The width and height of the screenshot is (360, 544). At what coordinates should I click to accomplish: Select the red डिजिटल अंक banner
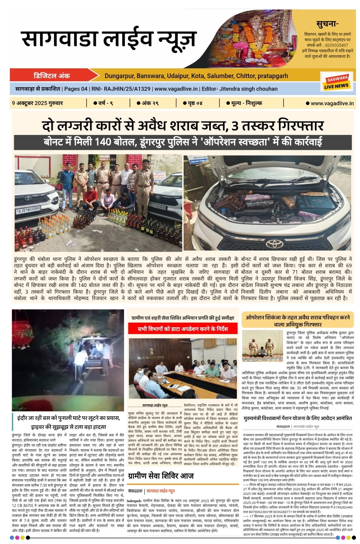tap(53, 76)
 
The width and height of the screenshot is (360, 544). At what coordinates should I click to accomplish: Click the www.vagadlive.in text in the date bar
tap(332, 103)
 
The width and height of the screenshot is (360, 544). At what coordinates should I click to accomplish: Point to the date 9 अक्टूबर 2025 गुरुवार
tap(37, 103)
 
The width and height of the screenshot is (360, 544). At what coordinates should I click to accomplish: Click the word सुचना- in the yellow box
tap(327, 24)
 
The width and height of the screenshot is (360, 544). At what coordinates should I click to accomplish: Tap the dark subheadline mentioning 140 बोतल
tap(183, 142)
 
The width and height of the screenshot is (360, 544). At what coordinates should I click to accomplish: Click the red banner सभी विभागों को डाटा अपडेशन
tap(183, 329)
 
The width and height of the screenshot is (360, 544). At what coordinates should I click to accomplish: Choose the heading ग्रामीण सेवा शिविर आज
tap(161, 476)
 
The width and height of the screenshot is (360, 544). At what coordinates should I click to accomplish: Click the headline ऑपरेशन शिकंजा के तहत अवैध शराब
tap(297, 320)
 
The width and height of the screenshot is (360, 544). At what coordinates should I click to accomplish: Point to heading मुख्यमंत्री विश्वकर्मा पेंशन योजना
tap(297, 418)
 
